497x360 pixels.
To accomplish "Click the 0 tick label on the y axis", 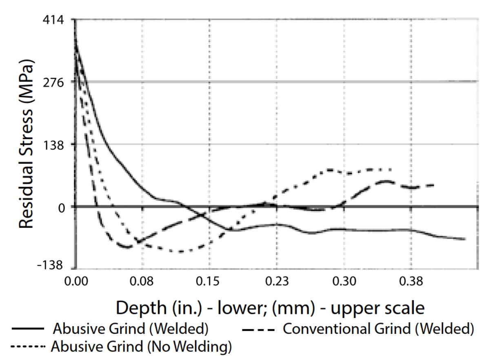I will [x=61, y=207].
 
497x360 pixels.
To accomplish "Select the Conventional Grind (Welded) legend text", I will [x=378, y=329].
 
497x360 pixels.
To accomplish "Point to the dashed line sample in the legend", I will [x=258, y=329].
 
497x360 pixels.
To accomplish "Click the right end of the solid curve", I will [x=465, y=239].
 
